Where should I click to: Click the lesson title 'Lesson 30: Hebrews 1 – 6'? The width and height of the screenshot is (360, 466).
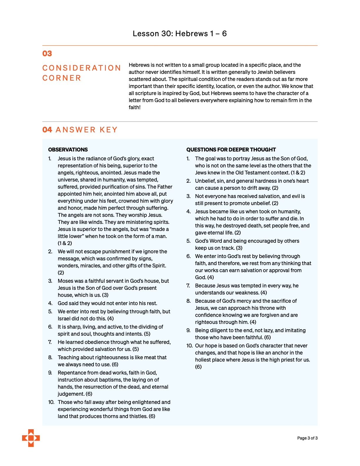[x=180, y=34]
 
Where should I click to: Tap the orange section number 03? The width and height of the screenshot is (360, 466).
[x=47, y=54]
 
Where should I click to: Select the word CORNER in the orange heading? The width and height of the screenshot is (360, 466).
[x=62, y=78]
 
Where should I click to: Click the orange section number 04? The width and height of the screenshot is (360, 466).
[x=47, y=130]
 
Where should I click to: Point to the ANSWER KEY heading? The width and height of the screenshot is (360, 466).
[x=86, y=130]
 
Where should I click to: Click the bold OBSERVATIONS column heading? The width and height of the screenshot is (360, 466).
[x=68, y=149]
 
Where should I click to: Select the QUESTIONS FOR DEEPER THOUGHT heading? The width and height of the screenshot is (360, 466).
[x=231, y=149]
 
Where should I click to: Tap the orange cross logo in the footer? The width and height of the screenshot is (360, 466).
[x=31, y=438]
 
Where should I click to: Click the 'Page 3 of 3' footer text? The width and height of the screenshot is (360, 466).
[x=307, y=438]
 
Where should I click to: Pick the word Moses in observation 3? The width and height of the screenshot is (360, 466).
[x=65, y=281]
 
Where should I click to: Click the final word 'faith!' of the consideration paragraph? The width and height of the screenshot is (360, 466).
[x=135, y=107]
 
